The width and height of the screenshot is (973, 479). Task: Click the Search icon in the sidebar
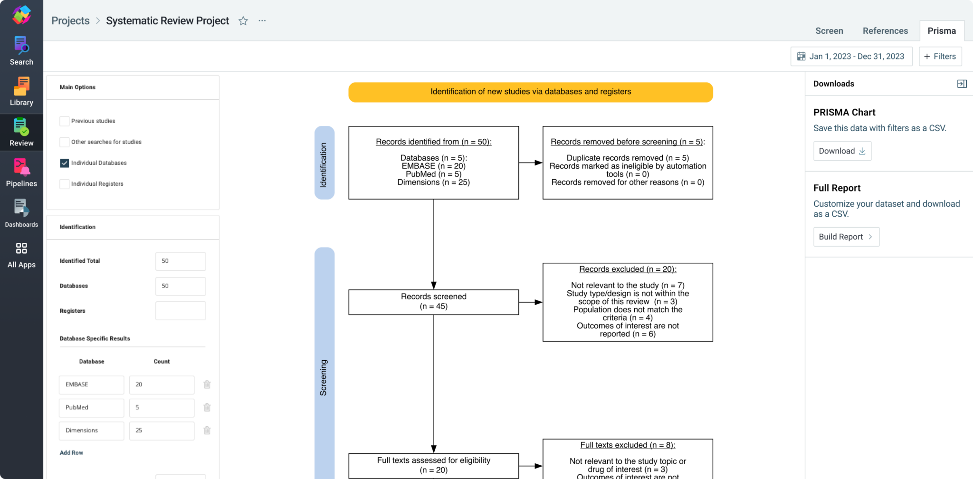click(21, 50)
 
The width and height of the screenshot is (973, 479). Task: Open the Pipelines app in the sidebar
click(21, 172)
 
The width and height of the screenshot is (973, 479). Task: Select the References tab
click(885, 31)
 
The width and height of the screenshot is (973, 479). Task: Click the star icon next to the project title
click(243, 21)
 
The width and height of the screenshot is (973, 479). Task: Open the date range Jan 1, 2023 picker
click(851, 57)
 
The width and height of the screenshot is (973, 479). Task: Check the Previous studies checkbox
click(65, 121)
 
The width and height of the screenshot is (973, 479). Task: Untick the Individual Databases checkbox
click(65, 163)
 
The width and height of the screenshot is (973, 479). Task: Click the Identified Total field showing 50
click(180, 261)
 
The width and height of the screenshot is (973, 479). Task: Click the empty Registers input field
click(180, 311)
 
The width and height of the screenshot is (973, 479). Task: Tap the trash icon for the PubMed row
click(207, 407)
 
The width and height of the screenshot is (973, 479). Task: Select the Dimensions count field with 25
click(162, 431)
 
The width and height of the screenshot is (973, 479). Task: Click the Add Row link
click(71, 453)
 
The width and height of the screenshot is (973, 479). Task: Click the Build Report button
click(846, 237)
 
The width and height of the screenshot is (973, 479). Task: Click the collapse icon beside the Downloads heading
click(962, 84)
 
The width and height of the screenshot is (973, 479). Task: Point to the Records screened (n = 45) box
click(433, 302)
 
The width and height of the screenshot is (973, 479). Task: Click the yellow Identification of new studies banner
click(530, 92)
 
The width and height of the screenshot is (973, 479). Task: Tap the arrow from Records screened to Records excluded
click(530, 302)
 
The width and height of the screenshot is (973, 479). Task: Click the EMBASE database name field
click(91, 384)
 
